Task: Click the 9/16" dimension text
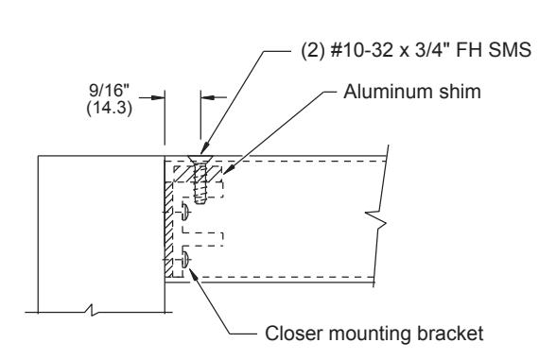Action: coord(109,90)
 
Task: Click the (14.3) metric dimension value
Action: coord(110,108)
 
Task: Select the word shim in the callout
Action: coord(459,92)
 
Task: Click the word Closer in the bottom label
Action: coord(294,334)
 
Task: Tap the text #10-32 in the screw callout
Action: coord(361,50)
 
